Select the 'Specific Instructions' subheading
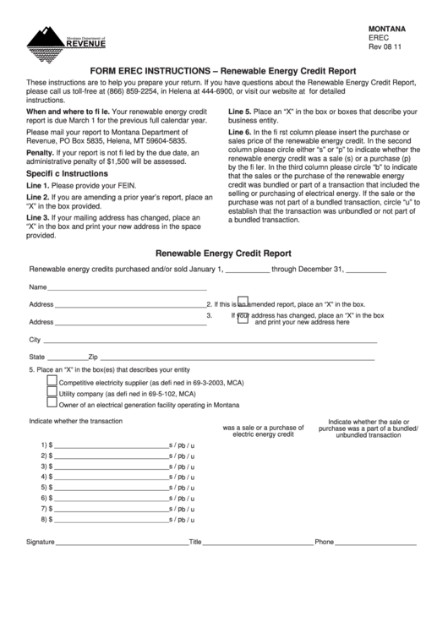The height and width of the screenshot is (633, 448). point(68,172)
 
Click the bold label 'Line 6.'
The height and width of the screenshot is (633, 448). point(241,133)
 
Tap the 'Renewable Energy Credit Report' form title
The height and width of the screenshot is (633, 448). point(224,253)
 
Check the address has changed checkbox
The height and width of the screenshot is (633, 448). point(243,318)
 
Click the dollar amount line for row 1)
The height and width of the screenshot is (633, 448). point(110,445)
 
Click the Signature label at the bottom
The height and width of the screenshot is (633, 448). point(40,542)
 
